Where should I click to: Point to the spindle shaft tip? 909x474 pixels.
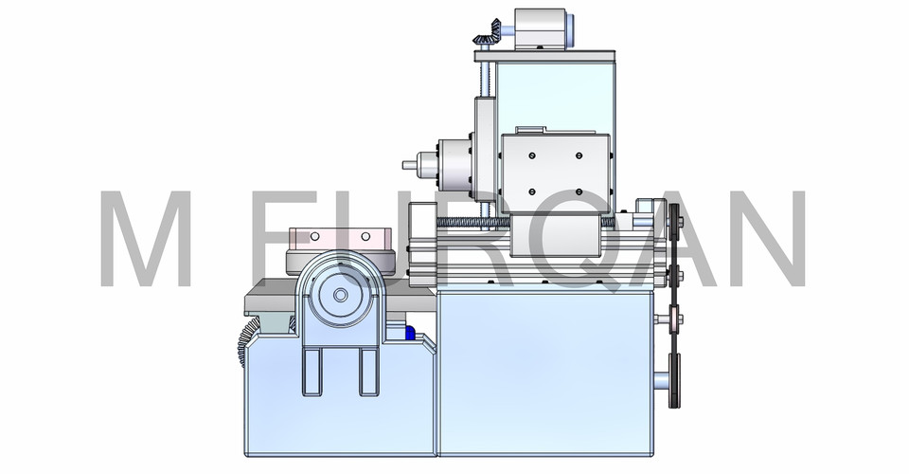click(410, 164)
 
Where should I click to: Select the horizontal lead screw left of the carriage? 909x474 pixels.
click(473, 222)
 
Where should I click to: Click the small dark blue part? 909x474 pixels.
click(410, 332)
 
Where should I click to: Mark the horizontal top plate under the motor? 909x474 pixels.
click(547, 54)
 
